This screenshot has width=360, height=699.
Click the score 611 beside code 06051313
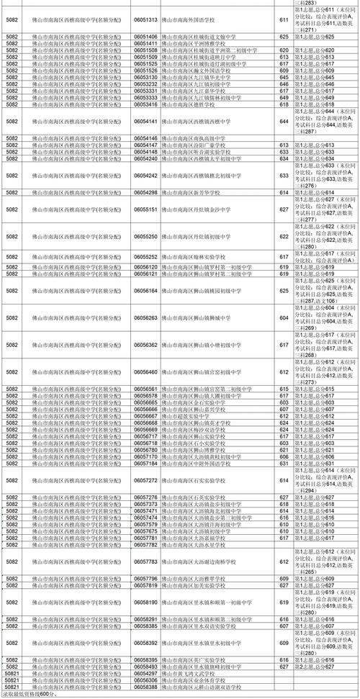click(x=284, y=19)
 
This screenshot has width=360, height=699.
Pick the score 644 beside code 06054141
click(x=284, y=122)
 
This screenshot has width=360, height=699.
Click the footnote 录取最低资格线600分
click(x=29, y=695)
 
